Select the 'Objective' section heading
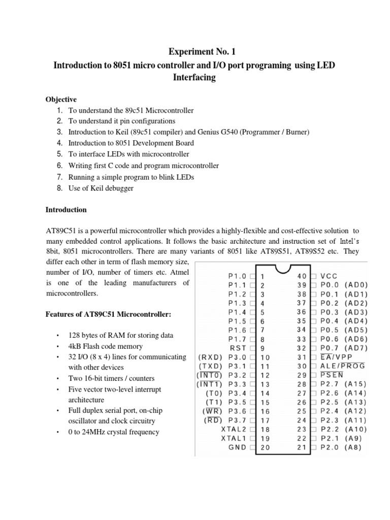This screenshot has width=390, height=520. point(61,100)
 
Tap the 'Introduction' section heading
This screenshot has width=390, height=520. point(66,210)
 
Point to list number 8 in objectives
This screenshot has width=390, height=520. point(59,187)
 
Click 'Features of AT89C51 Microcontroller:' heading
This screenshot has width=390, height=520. point(109,315)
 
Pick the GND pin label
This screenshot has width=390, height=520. point(237,447)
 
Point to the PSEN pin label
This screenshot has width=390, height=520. point(330,375)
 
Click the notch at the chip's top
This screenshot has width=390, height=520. point(283,268)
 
